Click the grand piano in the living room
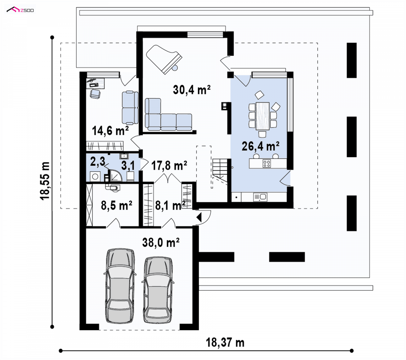click(x=163, y=59)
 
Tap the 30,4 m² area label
click(x=191, y=90)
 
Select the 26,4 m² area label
click(x=260, y=146)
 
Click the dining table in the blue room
click(x=262, y=116)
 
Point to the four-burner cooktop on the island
click(x=267, y=163)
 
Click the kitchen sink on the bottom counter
click(x=260, y=197)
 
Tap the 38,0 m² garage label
click(x=161, y=242)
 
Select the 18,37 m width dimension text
click(x=225, y=342)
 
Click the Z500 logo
click(x=20, y=9)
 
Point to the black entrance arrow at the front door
click(x=199, y=217)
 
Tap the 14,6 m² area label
click(x=110, y=131)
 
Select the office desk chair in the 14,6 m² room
click(x=95, y=94)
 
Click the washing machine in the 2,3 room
click(x=95, y=176)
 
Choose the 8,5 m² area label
click(x=116, y=206)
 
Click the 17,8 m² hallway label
click(x=169, y=166)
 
